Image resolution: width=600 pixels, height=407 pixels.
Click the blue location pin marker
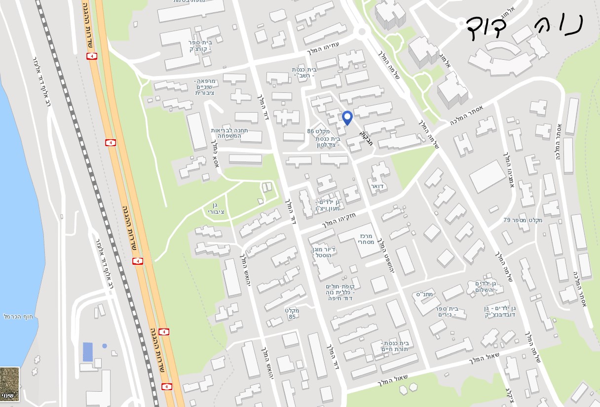[347, 118]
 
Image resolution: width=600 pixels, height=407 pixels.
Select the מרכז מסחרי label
[366, 240]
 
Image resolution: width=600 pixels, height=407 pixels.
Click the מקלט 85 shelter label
[292, 313]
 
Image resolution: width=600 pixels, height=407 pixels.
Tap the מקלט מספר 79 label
[523, 220]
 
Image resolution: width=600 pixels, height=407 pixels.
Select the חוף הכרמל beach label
[18, 316]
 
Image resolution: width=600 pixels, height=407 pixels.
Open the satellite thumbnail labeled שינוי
[10, 384]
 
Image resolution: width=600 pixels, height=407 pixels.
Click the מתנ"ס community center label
[424, 294]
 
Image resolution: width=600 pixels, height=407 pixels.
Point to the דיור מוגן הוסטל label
[324, 253]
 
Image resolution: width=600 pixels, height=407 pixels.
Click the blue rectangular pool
[87, 352]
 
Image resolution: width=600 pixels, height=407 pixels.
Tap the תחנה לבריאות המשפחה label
[229, 133]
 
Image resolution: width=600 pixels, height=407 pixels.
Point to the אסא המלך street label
[215, 154]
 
